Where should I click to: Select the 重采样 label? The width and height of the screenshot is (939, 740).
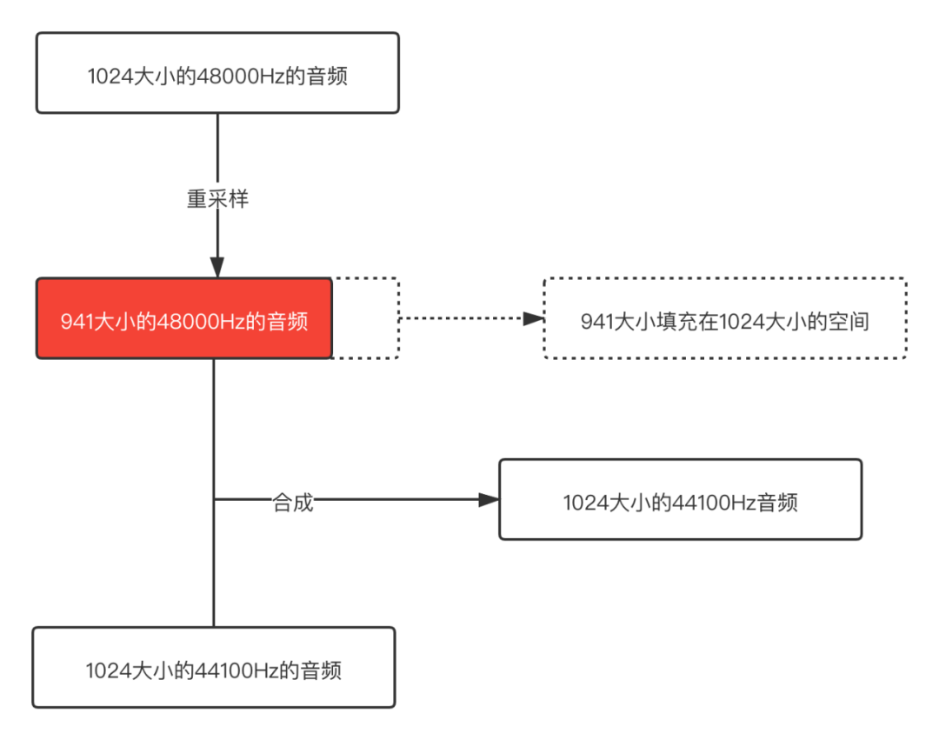[217, 199]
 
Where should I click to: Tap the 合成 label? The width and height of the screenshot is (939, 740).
[292, 502]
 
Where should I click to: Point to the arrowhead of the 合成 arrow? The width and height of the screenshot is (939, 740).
[488, 500]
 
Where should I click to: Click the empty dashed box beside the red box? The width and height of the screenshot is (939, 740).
[364, 318]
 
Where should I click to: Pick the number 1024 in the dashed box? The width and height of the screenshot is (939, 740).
[740, 322]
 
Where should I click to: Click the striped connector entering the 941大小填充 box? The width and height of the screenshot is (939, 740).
[470, 318]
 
